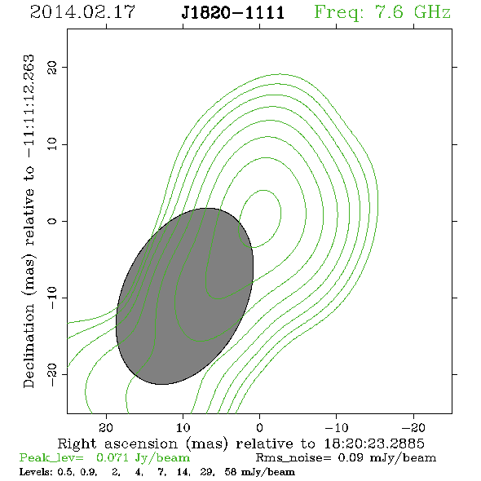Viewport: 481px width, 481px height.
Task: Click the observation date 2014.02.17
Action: pyautogui.click(x=82, y=12)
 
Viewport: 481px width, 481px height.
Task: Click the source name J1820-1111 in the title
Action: pyautogui.click(x=233, y=13)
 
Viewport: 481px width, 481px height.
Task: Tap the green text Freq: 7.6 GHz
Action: pyautogui.click(x=382, y=12)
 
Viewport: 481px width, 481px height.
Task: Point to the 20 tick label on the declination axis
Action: pyautogui.click(x=52, y=67)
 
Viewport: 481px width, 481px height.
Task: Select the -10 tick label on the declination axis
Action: pyautogui.click(x=52, y=298)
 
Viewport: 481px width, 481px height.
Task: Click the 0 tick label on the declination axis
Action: pyautogui.click(x=52, y=221)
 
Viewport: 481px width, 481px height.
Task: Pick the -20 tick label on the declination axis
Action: pyautogui.click(x=52, y=374)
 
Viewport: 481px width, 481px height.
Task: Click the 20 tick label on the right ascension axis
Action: pyautogui.click(x=106, y=428)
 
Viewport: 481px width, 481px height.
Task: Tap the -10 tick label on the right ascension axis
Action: pyautogui.click(x=337, y=428)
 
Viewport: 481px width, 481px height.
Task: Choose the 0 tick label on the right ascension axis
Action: pyautogui.click(x=260, y=428)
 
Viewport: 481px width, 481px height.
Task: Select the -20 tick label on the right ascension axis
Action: pyautogui.click(x=413, y=428)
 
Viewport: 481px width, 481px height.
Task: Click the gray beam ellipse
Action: pyautogui.click(x=184, y=296)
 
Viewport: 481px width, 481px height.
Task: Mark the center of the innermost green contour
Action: pyautogui.click(x=260, y=218)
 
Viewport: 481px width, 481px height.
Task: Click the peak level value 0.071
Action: pyautogui.click(x=112, y=457)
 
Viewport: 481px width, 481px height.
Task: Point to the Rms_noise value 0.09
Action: pyautogui.click(x=351, y=457)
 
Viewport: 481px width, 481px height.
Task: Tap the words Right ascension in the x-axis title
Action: pyautogui.click(x=117, y=443)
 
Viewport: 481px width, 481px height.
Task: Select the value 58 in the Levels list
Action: pyautogui.click(x=230, y=471)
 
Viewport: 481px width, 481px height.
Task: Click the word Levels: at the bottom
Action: pyautogui.click(x=36, y=471)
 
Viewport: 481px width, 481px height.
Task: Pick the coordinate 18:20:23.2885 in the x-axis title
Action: pyautogui.click(x=374, y=443)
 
